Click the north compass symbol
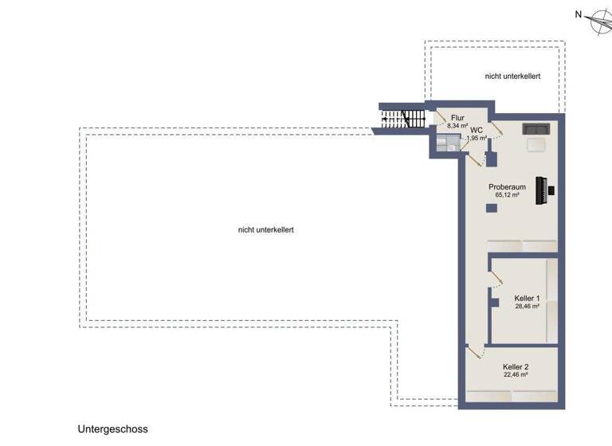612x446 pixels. (596, 22)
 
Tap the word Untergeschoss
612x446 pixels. (112, 428)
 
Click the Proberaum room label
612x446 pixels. (507, 186)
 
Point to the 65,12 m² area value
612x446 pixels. (507, 195)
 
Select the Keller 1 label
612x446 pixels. (527, 298)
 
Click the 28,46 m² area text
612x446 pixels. (527, 307)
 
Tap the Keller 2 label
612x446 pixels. (516, 367)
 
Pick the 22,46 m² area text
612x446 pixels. (516, 375)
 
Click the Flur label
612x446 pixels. (457, 118)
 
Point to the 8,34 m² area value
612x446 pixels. (457, 126)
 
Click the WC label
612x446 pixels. (477, 130)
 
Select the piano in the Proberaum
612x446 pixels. (546, 190)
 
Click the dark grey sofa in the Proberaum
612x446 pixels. (534, 129)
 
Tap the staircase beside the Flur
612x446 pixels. (403, 120)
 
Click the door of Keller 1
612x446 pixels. (496, 279)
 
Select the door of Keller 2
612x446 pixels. (476, 350)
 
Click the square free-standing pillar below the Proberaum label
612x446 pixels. (492, 209)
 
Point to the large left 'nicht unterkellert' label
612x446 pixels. (266, 229)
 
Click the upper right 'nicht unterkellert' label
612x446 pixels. (513, 76)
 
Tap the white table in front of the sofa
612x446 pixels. (535, 144)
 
